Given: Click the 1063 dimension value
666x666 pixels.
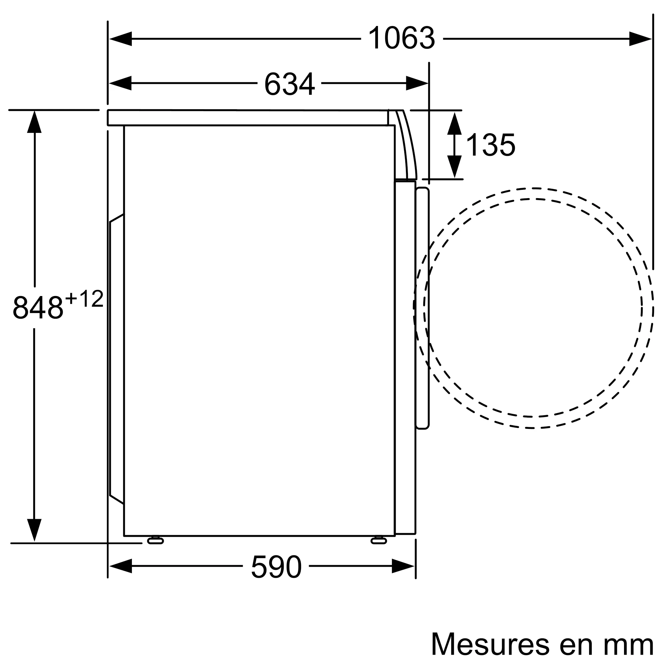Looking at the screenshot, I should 402,39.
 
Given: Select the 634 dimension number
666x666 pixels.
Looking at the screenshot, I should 289,84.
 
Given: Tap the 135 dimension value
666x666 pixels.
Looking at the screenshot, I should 490,145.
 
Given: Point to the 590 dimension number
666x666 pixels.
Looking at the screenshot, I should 276,567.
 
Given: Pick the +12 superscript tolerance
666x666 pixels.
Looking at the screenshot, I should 84,299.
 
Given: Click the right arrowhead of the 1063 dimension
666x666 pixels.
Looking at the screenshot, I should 640,39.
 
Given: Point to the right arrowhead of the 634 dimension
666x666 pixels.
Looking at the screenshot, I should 417,83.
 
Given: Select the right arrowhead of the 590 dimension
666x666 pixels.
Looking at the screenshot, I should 403,566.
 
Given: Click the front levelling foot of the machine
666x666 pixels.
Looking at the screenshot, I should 379,540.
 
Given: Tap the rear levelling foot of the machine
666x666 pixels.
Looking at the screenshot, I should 156,540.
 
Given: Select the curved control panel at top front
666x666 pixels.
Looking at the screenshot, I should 405,145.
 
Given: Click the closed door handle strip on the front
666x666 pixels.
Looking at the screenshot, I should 422,309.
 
